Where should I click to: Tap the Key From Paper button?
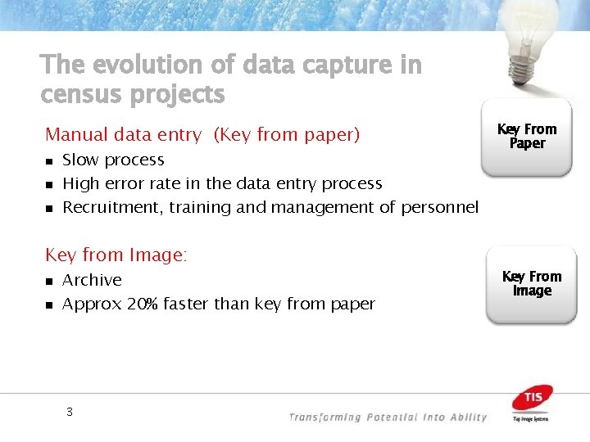pyautogui.click(x=527, y=137)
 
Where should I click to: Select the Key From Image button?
pyautogui.click(x=531, y=283)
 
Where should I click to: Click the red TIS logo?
pyautogui.click(x=532, y=399)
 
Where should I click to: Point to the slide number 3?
pyautogui.click(x=70, y=412)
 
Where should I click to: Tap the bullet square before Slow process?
pyautogui.click(x=49, y=161)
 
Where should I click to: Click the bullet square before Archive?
pyautogui.click(x=49, y=281)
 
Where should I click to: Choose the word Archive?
pyautogui.click(x=92, y=280)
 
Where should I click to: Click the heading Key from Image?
pyautogui.click(x=116, y=255)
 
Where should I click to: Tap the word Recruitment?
pyautogui.click(x=113, y=208)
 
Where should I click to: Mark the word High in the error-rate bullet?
pyautogui.click(x=79, y=184)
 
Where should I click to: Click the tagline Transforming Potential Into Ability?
pyautogui.click(x=388, y=417)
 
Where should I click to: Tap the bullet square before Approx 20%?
pyautogui.click(x=49, y=304)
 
